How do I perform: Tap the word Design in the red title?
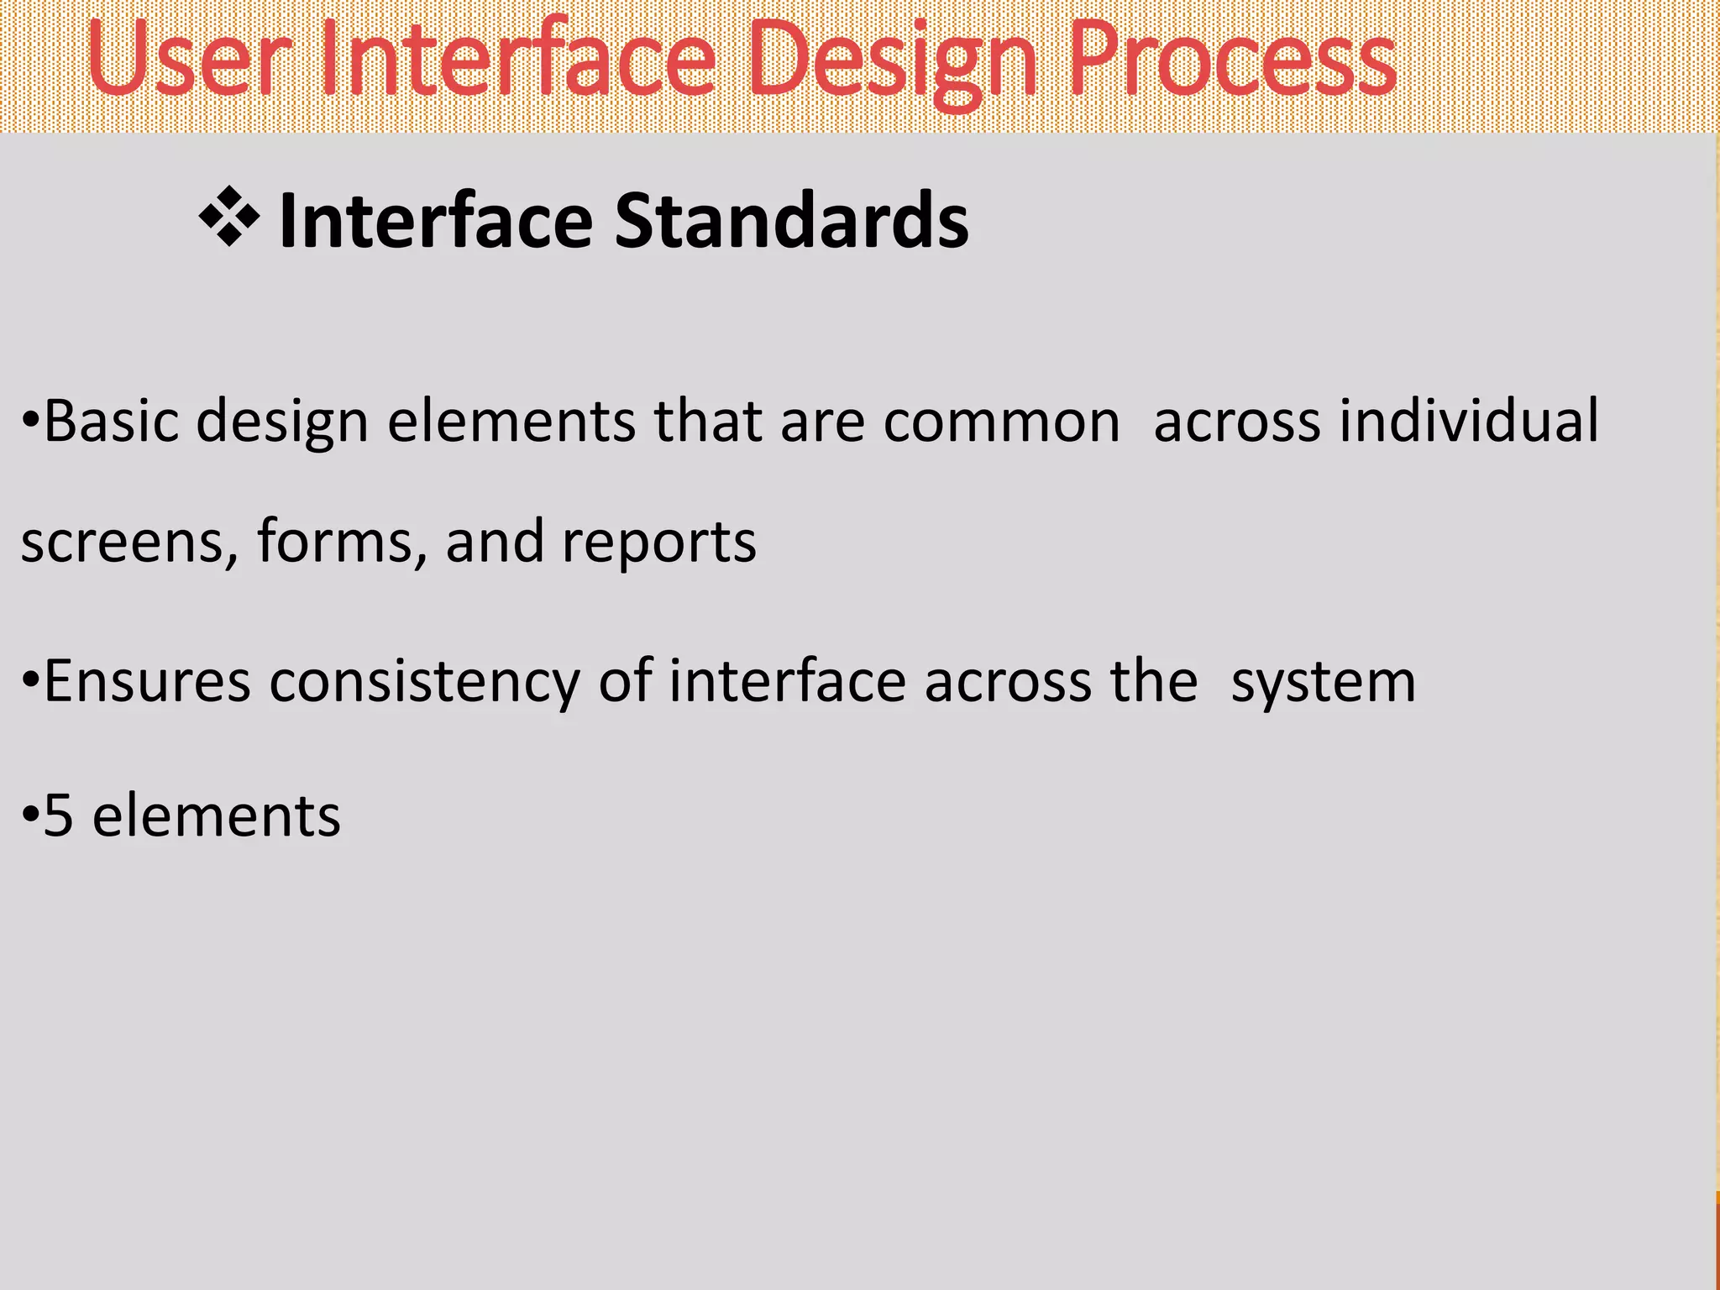point(893,63)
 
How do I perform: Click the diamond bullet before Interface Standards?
point(228,219)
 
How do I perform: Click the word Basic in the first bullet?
point(110,421)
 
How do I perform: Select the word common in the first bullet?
point(1001,421)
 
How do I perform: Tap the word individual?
point(1469,421)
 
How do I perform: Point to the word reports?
point(658,542)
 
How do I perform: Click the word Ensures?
point(147,681)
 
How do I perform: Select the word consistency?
point(424,681)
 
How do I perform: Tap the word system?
point(1324,681)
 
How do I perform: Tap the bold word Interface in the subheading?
point(435,220)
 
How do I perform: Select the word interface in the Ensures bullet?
point(787,681)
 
